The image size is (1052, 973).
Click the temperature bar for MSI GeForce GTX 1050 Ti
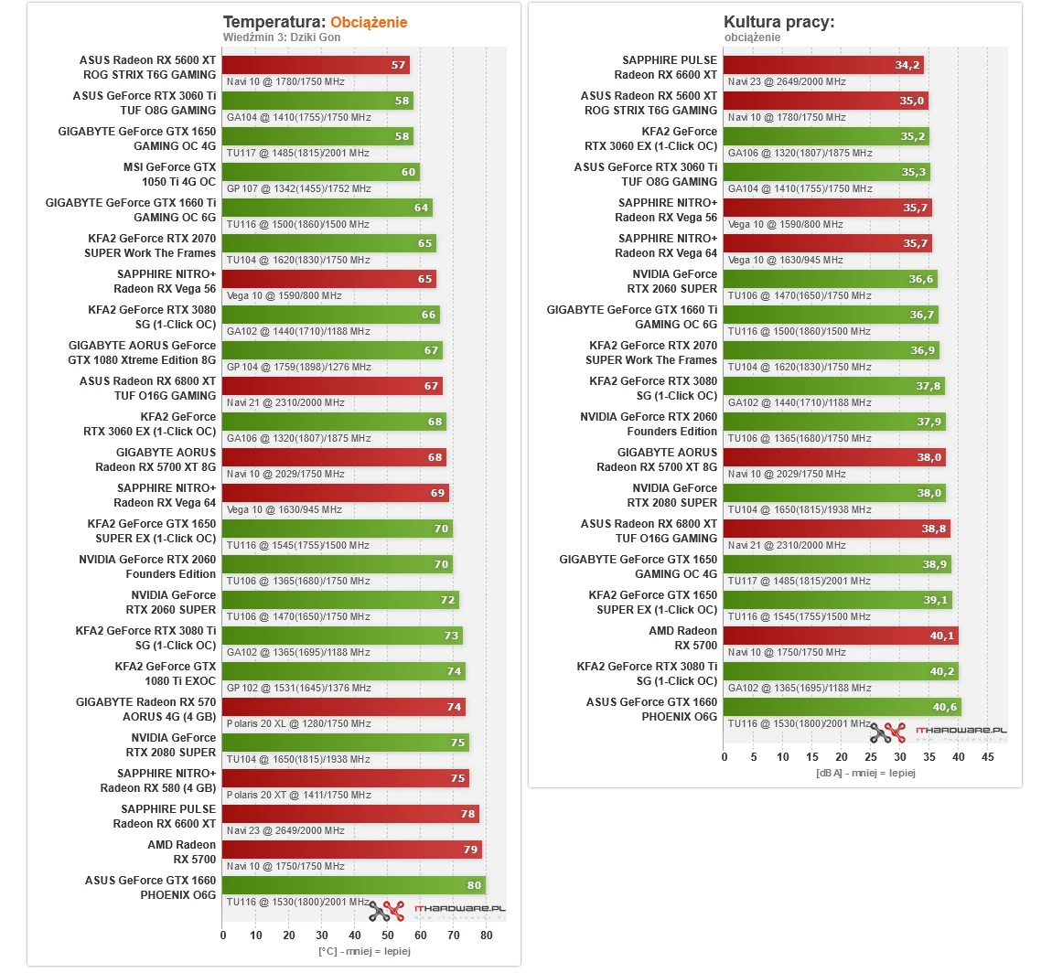320,172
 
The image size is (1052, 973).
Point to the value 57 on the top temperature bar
398,65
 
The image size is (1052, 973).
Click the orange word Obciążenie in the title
369,22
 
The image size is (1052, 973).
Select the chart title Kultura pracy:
778,22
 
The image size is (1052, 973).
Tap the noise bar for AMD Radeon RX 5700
841,636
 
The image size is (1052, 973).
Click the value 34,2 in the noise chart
907,65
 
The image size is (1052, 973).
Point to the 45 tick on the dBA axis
987,756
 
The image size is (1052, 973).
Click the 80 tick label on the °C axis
487,935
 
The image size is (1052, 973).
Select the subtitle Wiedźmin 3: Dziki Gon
282,37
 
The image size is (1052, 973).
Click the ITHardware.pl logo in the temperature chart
436,910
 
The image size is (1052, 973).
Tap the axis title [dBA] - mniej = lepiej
864,773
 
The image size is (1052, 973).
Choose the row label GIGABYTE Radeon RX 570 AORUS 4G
146,710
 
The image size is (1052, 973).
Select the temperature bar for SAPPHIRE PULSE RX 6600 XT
350,814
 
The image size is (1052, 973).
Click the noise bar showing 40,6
842,707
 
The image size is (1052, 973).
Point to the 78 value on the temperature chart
467,814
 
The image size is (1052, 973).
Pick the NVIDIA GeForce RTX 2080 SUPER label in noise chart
674,495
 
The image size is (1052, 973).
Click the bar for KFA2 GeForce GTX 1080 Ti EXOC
344,671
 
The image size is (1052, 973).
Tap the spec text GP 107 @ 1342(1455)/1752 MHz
298,188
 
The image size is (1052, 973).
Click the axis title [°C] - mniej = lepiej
363,951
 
